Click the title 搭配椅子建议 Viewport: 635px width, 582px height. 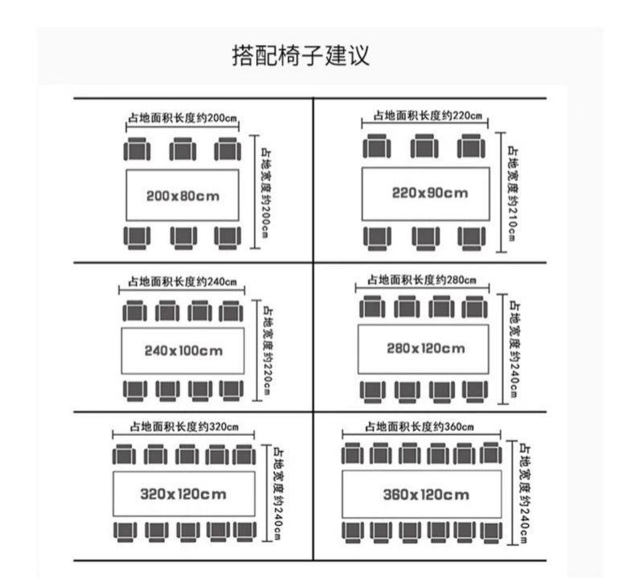pyautogui.click(x=301, y=57)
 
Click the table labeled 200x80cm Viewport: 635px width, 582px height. pyautogui.click(x=182, y=195)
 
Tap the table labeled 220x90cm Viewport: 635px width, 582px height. pyautogui.click(x=425, y=193)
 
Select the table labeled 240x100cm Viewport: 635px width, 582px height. pyautogui.click(x=182, y=350)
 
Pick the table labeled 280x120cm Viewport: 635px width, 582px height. pyautogui.click(x=425, y=348)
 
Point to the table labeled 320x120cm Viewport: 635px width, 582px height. pyautogui.click(x=183, y=494)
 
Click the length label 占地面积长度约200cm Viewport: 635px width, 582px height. pyautogui.click(x=182, y=119)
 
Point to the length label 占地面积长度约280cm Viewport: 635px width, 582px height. pyautogui.click(x=422, y=280)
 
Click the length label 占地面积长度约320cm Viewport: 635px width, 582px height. pyautogui.click(x=182, y=428)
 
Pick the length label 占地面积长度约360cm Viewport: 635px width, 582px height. pyautogui.click(x=419, y=426)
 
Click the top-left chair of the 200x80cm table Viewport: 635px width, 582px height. pyautogui.click(x=137, y=150)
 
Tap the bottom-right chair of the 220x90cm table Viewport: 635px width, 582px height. pyautogui.click(x=472, y=237)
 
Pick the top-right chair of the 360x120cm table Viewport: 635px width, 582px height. pyautogui.click(x=490, y=455)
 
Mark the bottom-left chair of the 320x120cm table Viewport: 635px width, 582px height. pyautogui.click(x=125, y=531)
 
